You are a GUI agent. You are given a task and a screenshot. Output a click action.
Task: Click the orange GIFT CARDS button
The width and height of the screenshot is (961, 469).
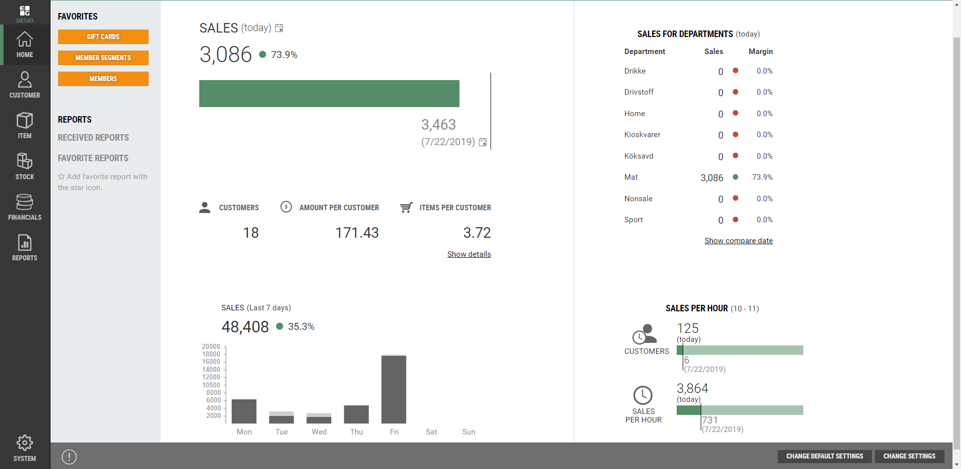click(103, 37)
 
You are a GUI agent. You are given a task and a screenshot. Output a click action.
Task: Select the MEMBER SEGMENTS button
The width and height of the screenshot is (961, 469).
click(103, 58)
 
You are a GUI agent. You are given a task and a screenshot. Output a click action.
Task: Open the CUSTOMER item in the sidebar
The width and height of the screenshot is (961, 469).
click(25, 85)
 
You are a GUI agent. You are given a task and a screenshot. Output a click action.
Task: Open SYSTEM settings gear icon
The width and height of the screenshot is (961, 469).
click(25, 443)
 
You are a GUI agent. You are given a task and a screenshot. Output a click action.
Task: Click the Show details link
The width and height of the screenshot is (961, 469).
click(469, 254)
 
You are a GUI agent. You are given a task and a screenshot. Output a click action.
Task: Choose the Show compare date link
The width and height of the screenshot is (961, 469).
click(738, 241)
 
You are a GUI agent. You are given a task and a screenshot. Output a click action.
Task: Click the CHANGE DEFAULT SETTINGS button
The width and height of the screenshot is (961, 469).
click(824, 456)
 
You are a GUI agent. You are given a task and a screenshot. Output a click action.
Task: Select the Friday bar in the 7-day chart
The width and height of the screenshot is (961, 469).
click(394, 389)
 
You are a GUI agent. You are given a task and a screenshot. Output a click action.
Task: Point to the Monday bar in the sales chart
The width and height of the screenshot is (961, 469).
click(244, 411)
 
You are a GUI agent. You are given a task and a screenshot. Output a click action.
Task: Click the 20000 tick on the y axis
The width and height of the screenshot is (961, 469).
click(211, 346)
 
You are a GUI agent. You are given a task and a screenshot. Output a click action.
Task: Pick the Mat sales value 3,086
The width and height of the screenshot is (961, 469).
click(712, 178)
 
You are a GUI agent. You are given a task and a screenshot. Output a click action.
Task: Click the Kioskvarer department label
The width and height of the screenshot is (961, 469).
click(642, 135)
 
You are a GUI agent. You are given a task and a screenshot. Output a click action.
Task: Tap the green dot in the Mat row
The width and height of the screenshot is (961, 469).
click(735, 177)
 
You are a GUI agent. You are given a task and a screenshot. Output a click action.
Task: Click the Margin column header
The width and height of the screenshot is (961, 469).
click(760, 52)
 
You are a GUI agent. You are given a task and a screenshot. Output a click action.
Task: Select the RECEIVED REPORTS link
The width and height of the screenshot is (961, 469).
click(93, 138)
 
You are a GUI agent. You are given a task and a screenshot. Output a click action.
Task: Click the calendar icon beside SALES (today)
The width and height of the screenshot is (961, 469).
click(279, 28)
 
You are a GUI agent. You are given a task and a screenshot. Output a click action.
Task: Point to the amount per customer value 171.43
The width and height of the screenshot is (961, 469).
click(357, 233)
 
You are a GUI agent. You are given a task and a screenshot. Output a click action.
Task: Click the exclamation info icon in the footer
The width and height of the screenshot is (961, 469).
click(69, 456)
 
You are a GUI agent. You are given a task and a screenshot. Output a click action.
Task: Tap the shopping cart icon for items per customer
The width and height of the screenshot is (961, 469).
click(406, 207)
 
